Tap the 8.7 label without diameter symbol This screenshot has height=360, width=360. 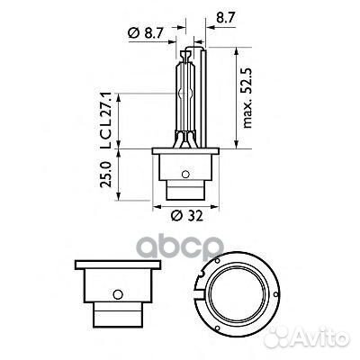tap(220, 16)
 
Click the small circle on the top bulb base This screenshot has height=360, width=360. tap(185, 175)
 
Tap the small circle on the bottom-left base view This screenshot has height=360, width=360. tap(117, 294)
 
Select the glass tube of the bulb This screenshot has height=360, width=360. tap(185, 94)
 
